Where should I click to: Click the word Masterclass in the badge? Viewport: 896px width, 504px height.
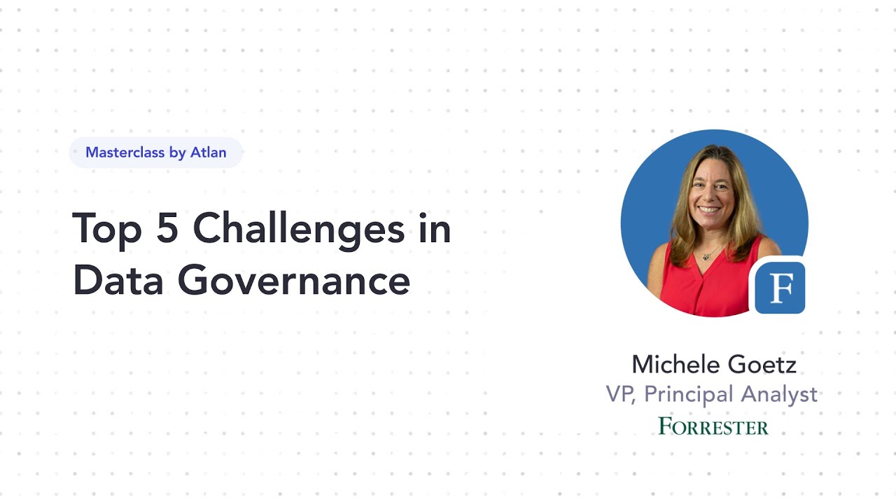124,153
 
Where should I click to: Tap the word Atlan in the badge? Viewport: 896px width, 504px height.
208,153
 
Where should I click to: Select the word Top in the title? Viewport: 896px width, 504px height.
106,228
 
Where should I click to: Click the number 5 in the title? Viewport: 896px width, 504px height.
168,228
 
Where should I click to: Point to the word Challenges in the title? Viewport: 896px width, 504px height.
299,230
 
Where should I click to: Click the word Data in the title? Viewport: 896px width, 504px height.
117,281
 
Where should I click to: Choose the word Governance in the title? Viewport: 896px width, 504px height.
293,281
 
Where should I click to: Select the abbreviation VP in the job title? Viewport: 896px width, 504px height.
620,395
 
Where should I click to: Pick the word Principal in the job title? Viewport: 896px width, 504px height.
688,395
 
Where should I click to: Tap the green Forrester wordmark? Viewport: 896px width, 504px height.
713,426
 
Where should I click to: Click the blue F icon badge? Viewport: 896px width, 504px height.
779,288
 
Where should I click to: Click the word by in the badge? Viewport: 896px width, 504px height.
177,153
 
